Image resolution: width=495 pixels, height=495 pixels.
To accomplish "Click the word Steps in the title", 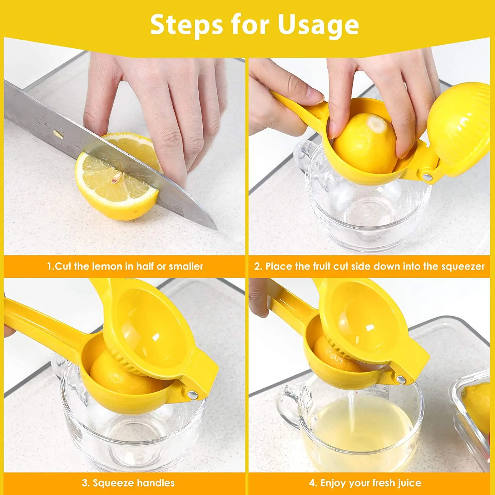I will pyautogui.click(x=186, y=25).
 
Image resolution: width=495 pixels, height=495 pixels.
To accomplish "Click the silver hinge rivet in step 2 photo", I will pyautogui.click(x=427, y=177).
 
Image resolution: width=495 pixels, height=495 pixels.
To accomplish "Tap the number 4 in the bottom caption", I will pyautogui.click(x=312, y=483).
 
